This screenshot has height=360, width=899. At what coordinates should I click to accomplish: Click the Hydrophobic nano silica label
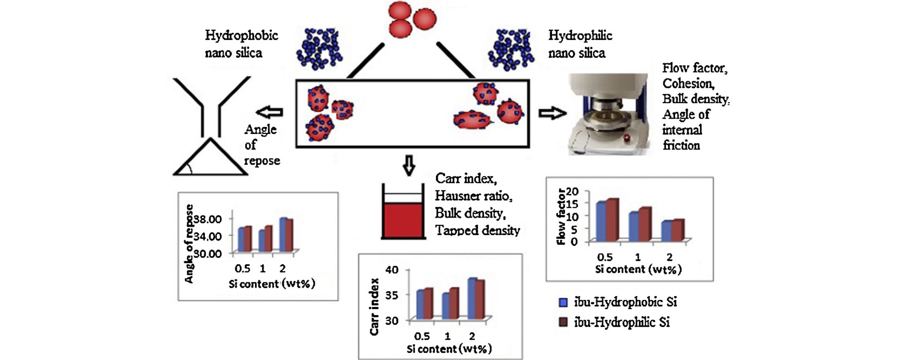[241, 44]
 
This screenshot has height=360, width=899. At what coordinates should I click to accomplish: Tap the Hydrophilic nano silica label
[580, 44]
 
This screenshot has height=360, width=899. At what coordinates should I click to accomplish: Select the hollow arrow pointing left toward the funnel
[269, 112]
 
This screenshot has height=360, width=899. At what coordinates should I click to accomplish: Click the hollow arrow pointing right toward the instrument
[552, 113]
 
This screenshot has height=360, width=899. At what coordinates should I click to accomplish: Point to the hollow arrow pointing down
[409, 165]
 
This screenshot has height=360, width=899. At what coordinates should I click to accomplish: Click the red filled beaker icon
[403, 211]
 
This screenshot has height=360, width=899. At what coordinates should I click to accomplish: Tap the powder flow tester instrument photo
[608, 114]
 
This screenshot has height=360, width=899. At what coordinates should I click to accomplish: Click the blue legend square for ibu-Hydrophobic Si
[563, 302]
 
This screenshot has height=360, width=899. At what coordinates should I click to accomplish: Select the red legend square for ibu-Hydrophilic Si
[563, 323]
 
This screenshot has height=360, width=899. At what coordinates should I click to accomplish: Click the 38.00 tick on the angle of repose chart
[208, 219]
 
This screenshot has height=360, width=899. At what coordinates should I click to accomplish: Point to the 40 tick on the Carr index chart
[392, 270]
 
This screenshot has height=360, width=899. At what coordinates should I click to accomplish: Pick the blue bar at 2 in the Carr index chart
[472, 299]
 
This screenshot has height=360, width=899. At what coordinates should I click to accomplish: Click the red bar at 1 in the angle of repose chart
[268, 239]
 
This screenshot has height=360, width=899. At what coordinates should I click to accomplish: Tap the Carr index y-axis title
[375, 307]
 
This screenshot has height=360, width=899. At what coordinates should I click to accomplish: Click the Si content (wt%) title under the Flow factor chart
[639, 269]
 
